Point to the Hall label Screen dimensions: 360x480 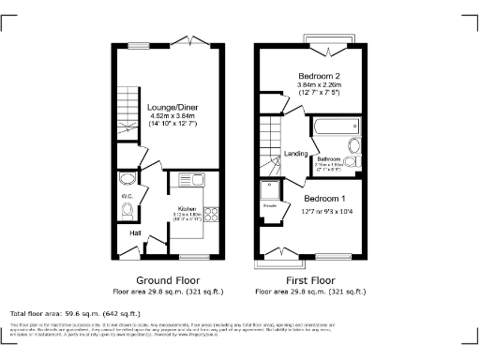coord(135,232)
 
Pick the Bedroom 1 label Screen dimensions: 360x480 coord(324,198)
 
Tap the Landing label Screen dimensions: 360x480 coord(296,154)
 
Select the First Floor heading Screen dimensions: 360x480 coord(309,280)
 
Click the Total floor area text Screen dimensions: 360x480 coord(75,312)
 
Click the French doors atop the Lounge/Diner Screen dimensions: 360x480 coord(194,41)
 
